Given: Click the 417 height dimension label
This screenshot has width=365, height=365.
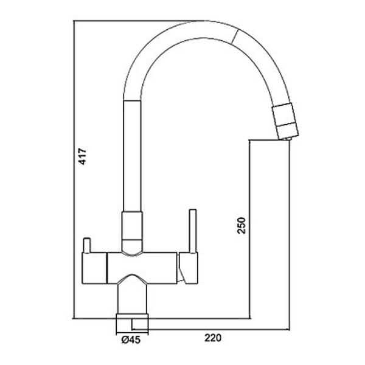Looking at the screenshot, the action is pyautogui.click(x=82, y=156).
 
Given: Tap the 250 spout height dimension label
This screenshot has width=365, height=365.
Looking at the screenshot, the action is pyautogui.click(x=242, y=225).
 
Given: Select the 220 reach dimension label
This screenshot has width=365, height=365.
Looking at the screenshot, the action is pyautogui.click(x=213, y=338).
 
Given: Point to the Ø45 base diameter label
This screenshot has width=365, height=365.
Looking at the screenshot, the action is pyautogui.click(x=131, y=340).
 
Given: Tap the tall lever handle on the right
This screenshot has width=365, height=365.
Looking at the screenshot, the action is pyautogui.click(x=193, y=231).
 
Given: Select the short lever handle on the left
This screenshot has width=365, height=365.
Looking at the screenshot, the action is pyautogui.click(x=86, y=245).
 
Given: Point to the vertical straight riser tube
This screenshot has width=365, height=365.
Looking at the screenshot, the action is pyautogui.click(x=132, y=156).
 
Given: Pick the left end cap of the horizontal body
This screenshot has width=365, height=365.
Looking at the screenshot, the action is pyautogui.click(x=94, y=268).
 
